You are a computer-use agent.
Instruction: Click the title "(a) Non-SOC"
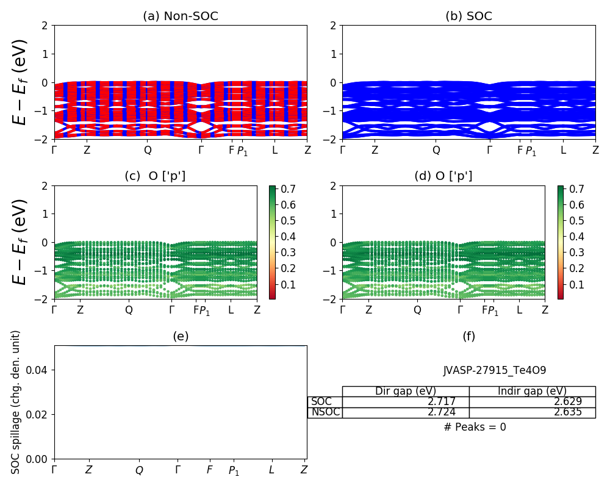[180, 16]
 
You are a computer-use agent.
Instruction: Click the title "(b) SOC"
[468, 16]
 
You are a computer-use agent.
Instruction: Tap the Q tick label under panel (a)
[148, 150]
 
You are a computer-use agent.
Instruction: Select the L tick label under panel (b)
[563, 150]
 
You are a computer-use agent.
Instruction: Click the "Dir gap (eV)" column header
[406, 391]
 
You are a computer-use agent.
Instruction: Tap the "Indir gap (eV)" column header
[532, 391]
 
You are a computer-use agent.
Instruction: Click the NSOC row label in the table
[325, 412]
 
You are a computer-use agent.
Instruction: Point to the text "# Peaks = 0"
[475, 427]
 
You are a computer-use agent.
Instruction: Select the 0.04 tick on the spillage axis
[40, 370]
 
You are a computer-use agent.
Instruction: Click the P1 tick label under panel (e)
[234, 471]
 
